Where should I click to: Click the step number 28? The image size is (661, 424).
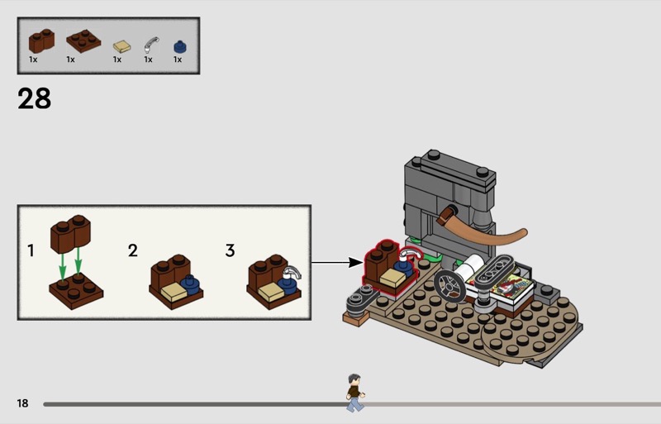(x=34, y=98)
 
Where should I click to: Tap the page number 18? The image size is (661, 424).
(x=22, y=403)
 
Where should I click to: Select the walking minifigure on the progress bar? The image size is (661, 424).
(x=354, y=392)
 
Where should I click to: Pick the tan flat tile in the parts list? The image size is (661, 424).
(x=121, y=45)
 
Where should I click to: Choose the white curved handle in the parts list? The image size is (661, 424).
(x=150, y=43)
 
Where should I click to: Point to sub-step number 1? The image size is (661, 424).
(x=31, y=249)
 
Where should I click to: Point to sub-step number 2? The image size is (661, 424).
(x=132, y=250)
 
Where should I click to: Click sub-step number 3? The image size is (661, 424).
(x=231, y=250)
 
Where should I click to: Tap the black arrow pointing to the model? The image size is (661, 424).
(x=338, y=264)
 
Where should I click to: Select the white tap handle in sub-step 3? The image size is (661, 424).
(x=292, y=272)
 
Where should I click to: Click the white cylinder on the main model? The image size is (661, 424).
(x=474, y=266)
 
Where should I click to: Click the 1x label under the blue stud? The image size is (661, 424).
(x=178, y=60)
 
